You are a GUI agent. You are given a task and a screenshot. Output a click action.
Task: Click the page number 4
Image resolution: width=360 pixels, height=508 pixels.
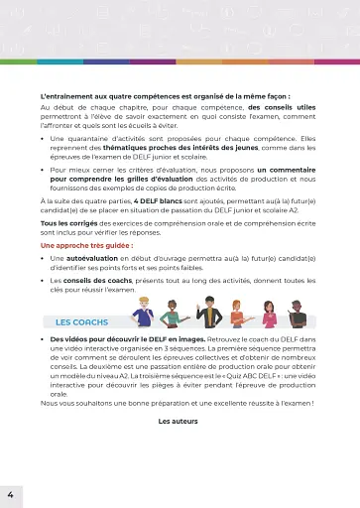(x=10, y=493)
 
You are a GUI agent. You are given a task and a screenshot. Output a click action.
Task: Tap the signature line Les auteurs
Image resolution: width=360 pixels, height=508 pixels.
(x=180, y=421)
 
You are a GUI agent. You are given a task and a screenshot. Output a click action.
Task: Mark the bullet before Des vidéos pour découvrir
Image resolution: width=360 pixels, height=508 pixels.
(x=45, y=339)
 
